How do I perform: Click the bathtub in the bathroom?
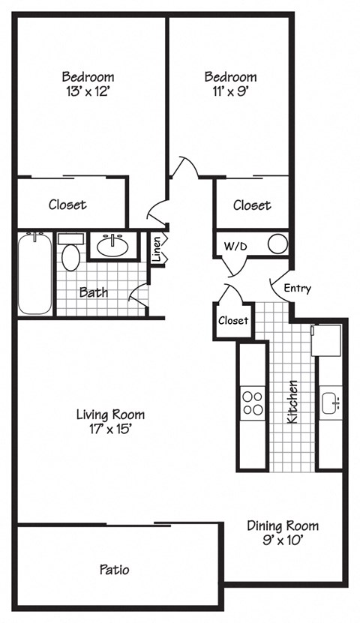point(34,274)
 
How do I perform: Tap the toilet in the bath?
point(71,255)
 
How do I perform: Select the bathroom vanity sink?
point(115,244)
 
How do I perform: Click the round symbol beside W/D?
point(277,243)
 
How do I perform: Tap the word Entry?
point(297,288)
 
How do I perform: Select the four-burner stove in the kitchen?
point(253,404)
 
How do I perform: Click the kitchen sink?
point(330,404)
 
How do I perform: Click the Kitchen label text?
point(292,402)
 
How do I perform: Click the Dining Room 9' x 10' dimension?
point(283,539)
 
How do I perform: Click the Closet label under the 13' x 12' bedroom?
point(67,204)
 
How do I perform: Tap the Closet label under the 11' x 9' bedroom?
point(252,205)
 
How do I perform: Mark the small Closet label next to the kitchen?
point(232,321)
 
